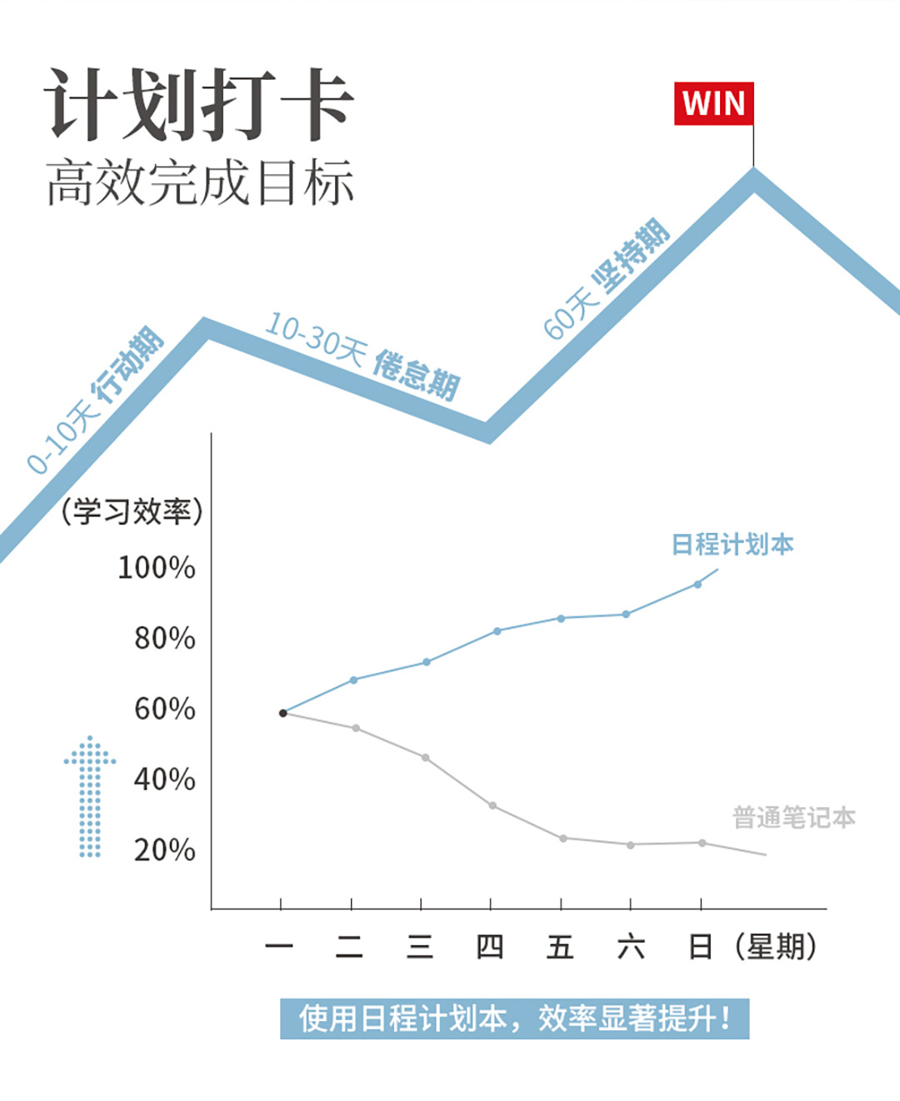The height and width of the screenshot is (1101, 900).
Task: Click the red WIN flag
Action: click(x=713, y=104)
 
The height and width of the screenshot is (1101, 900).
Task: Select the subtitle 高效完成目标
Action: click(x=200, y=182)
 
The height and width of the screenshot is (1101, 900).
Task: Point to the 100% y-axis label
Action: click(x=157, y=568)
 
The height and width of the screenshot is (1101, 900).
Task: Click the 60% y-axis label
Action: click(x=164, y=709)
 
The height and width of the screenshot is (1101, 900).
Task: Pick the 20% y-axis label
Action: click(x=164, y=850)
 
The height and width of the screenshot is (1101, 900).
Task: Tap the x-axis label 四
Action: click(x=490, y=947)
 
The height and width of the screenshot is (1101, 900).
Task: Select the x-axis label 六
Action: click(x=631, y=947)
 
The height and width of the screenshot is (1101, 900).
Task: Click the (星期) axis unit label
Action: click(x=776, y=947)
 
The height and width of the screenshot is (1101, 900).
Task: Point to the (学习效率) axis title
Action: click(x=132, y=511)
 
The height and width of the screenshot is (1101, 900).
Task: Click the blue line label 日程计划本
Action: click(x=732, y=545)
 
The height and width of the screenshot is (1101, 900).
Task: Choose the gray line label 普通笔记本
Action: click(x=793, y=818)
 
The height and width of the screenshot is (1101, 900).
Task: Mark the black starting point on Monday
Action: click(x=282, y=713)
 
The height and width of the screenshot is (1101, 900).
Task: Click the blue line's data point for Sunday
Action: click(x=697, y=585)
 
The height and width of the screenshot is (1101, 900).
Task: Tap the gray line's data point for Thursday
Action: click(x=492, y=806)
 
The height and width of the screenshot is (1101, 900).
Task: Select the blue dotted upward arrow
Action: click(x=90, y=796)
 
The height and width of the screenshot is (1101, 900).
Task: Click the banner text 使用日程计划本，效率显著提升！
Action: click(x=514, y=1019)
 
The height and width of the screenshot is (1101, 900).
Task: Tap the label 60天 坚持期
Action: click(x=606, y=279)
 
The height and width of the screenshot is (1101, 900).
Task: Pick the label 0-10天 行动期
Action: click(x=94, y=401)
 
